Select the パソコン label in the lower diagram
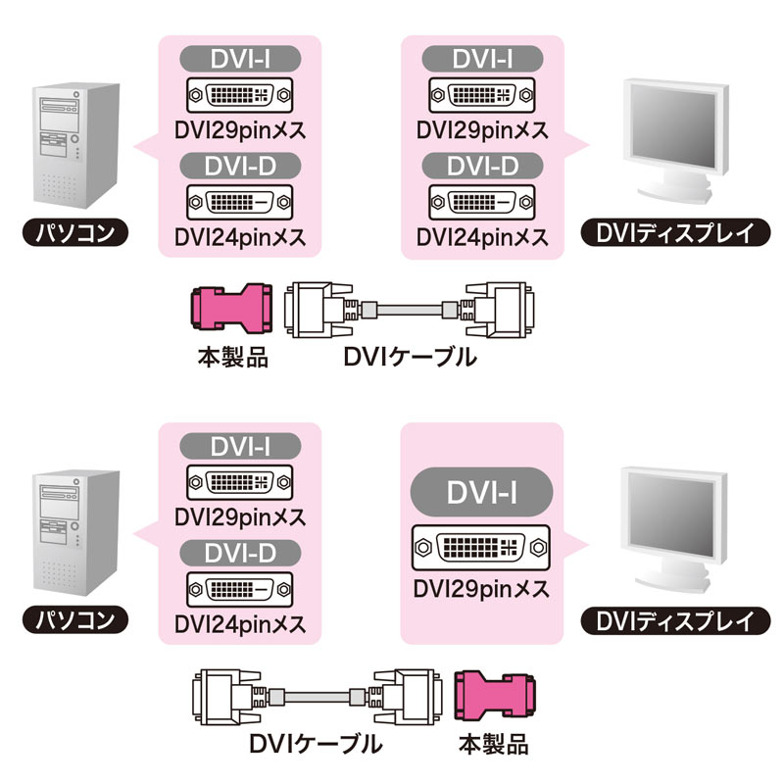[74, 619]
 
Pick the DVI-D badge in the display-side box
[482, 168]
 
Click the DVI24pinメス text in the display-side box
[482, 237]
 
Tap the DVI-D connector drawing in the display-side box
[482, 203]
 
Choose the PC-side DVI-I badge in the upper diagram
[240, 59]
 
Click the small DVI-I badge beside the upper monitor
[482, 59]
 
